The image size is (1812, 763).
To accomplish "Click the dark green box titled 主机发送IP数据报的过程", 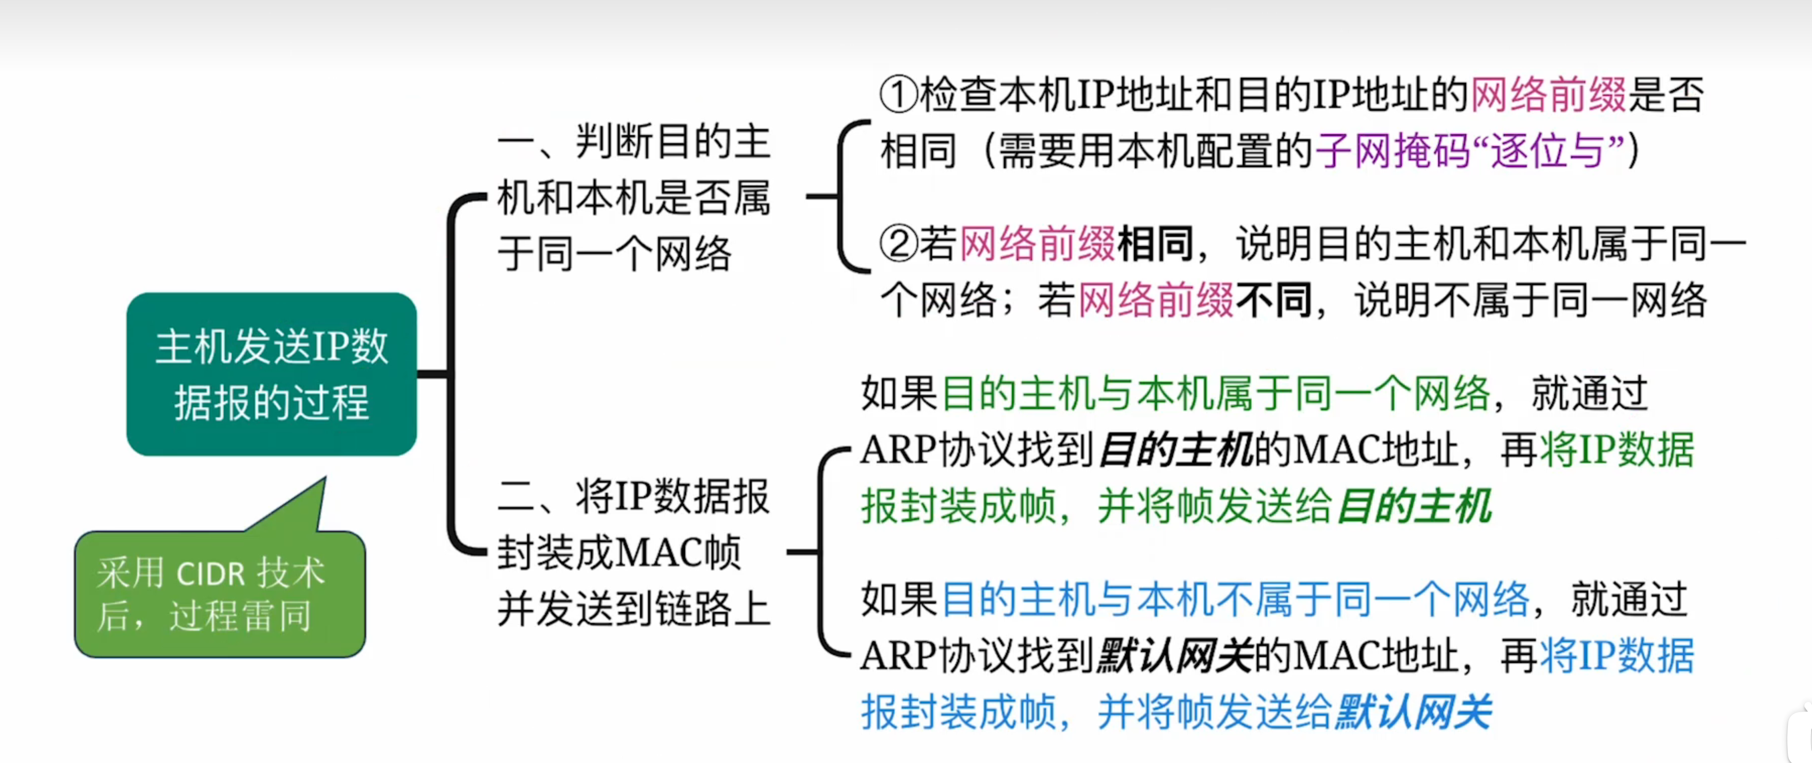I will (x=272, y=374).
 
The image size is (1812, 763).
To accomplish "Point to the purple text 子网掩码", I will (x=1392, y=151).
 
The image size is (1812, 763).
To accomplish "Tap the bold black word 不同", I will (x=1273, y=301).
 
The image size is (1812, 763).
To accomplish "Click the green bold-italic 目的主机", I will (x=1414, y=506).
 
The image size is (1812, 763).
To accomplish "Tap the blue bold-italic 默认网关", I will (x=1414, y=713).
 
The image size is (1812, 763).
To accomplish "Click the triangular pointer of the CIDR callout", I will (x=302, y=506).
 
